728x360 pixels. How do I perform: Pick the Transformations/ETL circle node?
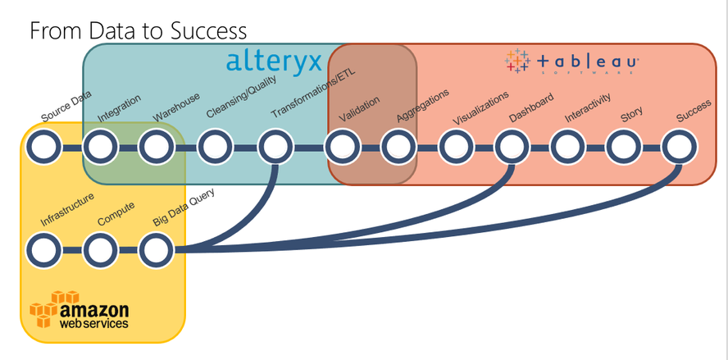point(275,149)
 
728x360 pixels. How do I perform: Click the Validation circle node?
point(342,149)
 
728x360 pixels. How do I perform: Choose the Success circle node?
point(680,149)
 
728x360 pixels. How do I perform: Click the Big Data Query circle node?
point(156,248)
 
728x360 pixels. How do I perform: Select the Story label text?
point(631,114)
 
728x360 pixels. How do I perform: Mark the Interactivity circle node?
point(566,149)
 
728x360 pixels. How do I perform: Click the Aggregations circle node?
point(398,149)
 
